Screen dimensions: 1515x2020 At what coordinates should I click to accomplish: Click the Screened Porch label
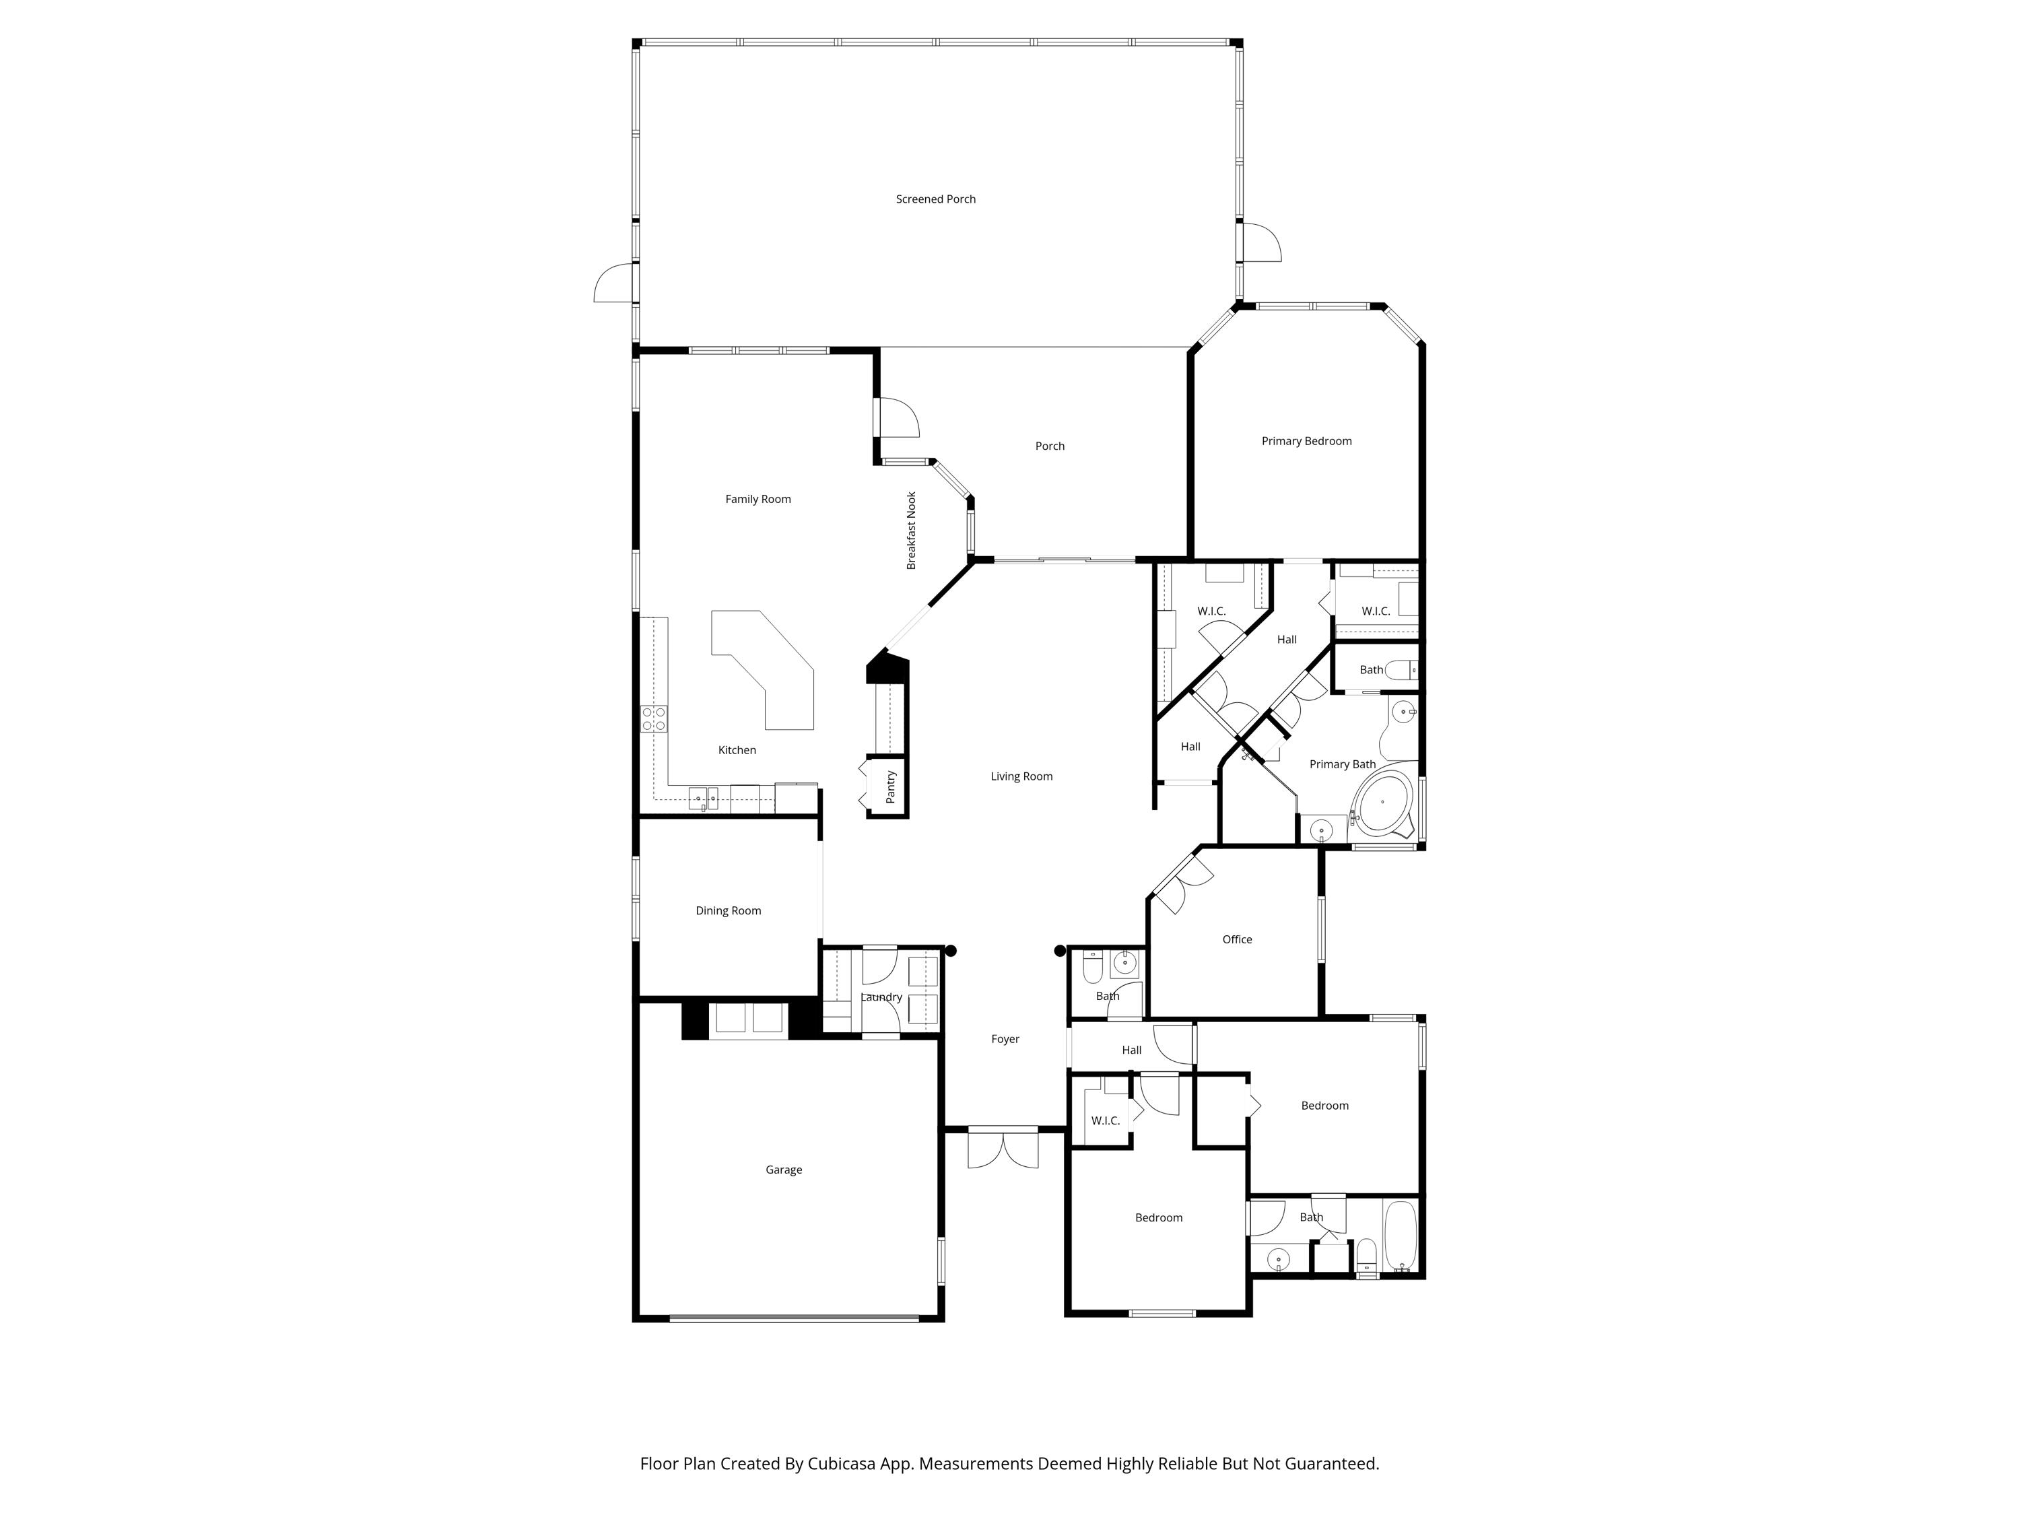click(x=935, y=199)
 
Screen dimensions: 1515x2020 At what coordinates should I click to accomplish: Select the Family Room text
click(x=758, y=500)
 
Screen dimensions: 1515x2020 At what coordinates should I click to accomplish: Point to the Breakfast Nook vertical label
click(x=912, y=531)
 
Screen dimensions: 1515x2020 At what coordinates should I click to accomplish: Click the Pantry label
click(x=890, y=787)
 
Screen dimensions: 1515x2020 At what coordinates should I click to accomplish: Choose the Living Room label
click(x=1021, y=777)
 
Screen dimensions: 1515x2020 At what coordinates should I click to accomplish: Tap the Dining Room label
click(x=728, y=910)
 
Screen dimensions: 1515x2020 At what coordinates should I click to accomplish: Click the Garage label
click(x=784, y=1170)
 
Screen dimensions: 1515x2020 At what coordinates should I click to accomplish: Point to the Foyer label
click(x=1005, y=1039)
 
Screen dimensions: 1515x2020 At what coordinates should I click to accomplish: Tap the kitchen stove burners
click(x=653, y=718)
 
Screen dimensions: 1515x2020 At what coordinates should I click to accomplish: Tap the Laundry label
click(x=881, y=997)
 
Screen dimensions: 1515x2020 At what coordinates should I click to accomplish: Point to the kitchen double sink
click(x=703, y=799)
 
